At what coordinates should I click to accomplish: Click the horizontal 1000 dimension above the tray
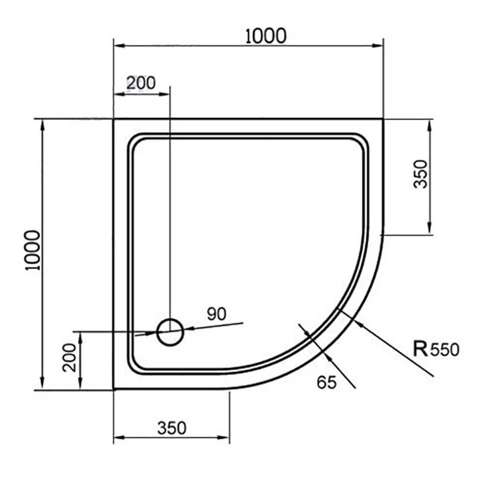[x=266, y=36]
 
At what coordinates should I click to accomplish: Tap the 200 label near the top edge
[x=141, y=83]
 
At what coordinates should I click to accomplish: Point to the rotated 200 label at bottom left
[x=70, y=358]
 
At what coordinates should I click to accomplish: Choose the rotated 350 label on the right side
[x=420, y=174]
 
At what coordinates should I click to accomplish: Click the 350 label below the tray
[x=172, y=428]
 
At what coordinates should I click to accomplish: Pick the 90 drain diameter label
[x=216, y=313]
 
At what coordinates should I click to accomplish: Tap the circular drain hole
[x=170, y=332]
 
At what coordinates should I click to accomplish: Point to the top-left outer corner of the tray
[x=114, y=119]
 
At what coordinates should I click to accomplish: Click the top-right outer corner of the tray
[x=384, y=119]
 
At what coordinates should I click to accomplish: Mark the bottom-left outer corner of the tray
[x=114, y=390]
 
